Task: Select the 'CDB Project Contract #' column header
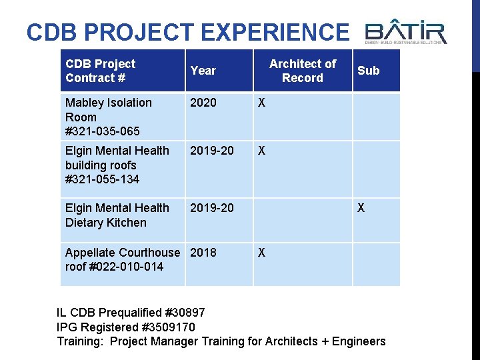[x=100, y=71]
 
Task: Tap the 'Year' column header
[x=203, y=71]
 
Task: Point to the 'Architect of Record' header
[x=303, y=71]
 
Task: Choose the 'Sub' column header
[x=368, y=71]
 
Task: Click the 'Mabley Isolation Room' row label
[x=108, y=110]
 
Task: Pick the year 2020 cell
[x=203, y=103]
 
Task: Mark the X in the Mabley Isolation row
[x=262, y=103]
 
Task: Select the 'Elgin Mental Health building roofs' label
[x=117, y=158]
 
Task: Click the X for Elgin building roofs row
[x=262, y=151]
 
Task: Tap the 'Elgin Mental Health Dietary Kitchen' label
[x=117, y=215]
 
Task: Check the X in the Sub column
[x=361, y=208]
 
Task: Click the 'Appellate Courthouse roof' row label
[x=123, y=259]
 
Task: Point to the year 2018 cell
[x=203, y=253]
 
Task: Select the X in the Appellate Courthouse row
[x=262, y=253]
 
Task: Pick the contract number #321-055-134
[x=103, y=179]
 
